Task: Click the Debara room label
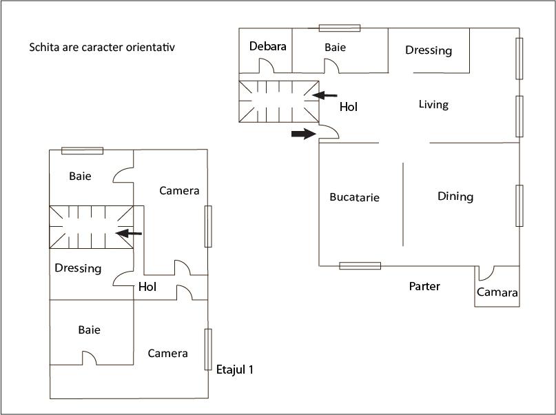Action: tap(268, 47)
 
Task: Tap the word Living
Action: tap(433, 105)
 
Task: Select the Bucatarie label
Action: tap(354, 197)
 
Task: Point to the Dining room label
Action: tap(455, 196)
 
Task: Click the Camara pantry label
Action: tap(497, 292)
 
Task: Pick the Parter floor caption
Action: tap(424, 286)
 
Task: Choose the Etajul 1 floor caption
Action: tap(235, 370)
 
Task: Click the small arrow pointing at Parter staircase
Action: tap(325, 95)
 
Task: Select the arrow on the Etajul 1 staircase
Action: tap(129, 234)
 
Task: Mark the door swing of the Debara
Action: tap(267, 65)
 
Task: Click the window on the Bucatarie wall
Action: tap(360, 265)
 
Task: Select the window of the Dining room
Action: tap(519, 205)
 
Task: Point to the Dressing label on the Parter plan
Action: tap(429, 50)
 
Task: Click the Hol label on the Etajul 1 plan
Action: tap(147, 287)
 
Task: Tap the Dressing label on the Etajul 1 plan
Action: tap(78, 268)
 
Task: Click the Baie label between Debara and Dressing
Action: tap(335, 48)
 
